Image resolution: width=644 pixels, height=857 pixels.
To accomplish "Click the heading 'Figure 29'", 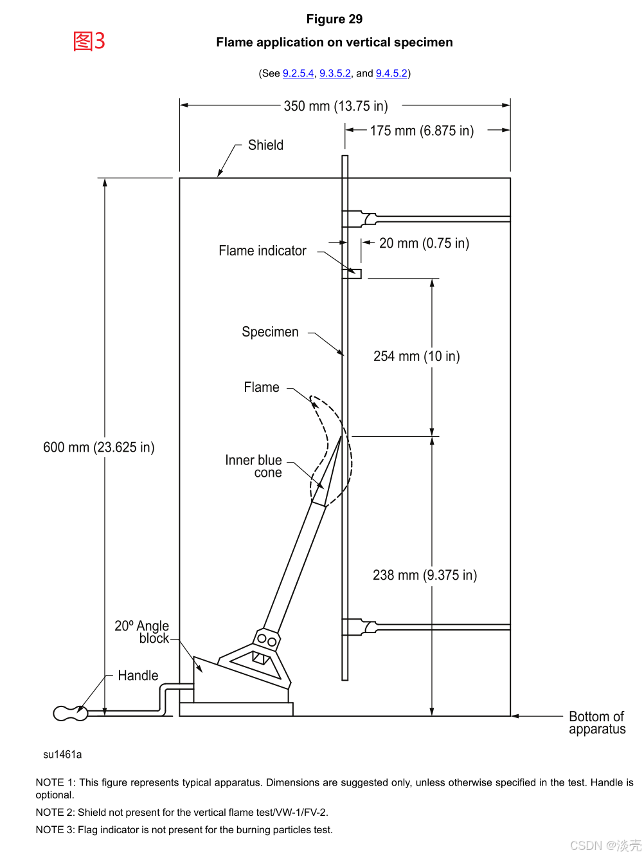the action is tap(334, 19).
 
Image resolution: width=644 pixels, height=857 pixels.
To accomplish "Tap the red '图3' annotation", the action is tap(89, 41).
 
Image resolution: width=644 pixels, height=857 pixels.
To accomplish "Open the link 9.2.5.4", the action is tap(298, 73).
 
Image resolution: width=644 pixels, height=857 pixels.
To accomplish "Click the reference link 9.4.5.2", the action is tap(391, 73).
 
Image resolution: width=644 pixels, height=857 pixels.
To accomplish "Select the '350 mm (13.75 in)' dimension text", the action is tap(335, 106).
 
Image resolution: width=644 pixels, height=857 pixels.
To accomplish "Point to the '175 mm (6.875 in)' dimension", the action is tap(422, 131).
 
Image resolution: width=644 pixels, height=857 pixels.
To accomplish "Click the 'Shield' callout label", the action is tap(265, 145).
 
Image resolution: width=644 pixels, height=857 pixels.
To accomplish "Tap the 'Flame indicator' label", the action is tap(262, 251).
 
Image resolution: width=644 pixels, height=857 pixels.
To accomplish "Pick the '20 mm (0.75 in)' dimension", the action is tap(424, 243).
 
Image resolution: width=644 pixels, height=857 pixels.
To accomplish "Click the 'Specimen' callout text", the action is tap(270, 332).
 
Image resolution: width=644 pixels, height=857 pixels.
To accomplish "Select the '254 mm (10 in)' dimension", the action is tap(416, 356).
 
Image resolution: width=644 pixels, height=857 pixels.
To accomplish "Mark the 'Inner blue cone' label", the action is tap(254, 466).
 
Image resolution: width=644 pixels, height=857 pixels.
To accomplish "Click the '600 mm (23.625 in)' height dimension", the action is tap(99, 447).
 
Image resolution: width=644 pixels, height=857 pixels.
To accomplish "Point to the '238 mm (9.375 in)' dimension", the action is tap(425, 575).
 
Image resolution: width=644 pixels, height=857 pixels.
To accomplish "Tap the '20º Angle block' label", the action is tap(143, 632).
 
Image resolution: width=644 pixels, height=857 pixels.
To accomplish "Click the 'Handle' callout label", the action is tap(138, 676).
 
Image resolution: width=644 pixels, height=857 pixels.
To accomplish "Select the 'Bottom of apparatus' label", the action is tap(596, 723).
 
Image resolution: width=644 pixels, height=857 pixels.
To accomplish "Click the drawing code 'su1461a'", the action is tap(62, 755).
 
